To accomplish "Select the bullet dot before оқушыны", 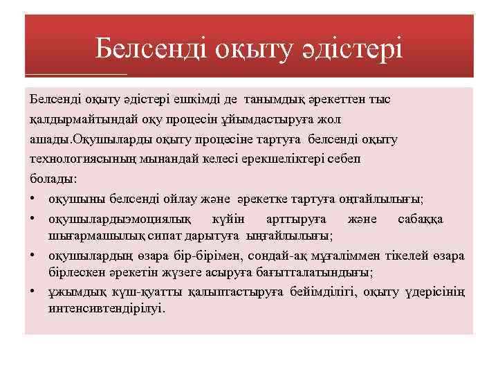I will [33, 199].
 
